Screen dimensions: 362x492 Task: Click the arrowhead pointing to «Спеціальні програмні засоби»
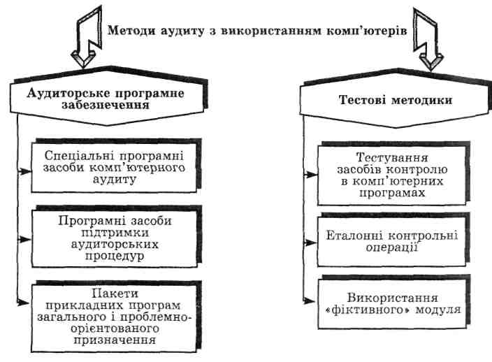(x=26, y=170)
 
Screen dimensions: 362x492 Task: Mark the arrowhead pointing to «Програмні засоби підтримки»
(x=26, y=238)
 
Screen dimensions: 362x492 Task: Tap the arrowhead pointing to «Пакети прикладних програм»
(x=26, y=302)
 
